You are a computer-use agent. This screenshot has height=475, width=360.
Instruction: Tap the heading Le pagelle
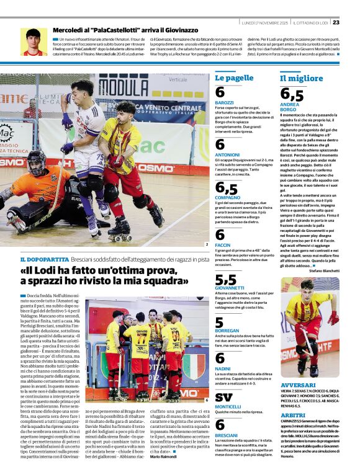click(235, 78)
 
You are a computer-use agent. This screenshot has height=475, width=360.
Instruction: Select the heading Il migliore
click(302, 78)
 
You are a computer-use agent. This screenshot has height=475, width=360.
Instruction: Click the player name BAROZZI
click(224, 102)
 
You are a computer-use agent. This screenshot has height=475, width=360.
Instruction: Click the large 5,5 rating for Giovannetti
click(226, 280)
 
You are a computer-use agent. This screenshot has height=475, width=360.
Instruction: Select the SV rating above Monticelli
click(223, 396)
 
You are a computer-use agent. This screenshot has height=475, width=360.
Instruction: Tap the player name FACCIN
click(223, 245)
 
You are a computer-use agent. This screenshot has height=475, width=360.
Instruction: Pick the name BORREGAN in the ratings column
click(227, 331)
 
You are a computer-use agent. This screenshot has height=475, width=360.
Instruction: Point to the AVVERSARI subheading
click(298, 385)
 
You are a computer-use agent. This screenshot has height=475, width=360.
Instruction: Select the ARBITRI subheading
click(293, 415)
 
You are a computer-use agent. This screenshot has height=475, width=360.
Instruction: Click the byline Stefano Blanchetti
click(324, 270)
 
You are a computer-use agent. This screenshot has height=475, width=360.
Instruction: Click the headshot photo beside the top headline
click(34, 42)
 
